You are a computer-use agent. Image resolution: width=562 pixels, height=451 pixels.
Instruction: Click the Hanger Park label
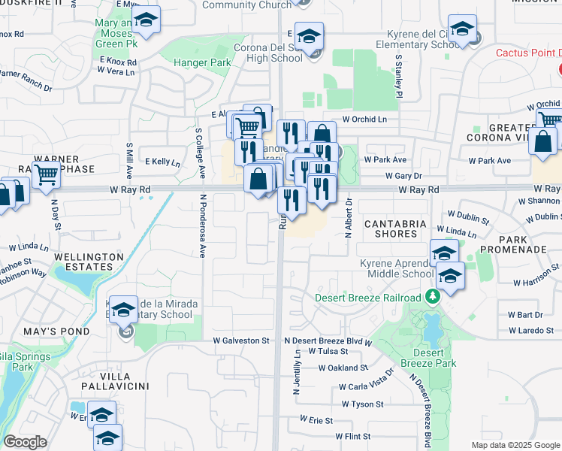[201, 62]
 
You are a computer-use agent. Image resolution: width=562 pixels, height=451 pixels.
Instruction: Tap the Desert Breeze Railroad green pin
[432, 298]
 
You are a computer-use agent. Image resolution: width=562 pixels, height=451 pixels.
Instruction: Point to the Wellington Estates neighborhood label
[89, 262]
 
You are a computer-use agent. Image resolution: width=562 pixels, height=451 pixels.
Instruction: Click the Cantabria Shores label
[395, 229]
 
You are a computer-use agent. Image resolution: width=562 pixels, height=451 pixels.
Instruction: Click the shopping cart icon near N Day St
[47, 174]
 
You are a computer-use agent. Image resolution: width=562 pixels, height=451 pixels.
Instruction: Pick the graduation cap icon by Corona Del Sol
[308, 35]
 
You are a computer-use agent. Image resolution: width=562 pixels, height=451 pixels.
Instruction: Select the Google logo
[25, 442]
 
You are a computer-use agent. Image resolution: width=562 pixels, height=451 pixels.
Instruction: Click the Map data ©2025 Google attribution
[515, 445]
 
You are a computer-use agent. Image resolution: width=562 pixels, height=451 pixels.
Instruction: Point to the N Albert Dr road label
[349, 218]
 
